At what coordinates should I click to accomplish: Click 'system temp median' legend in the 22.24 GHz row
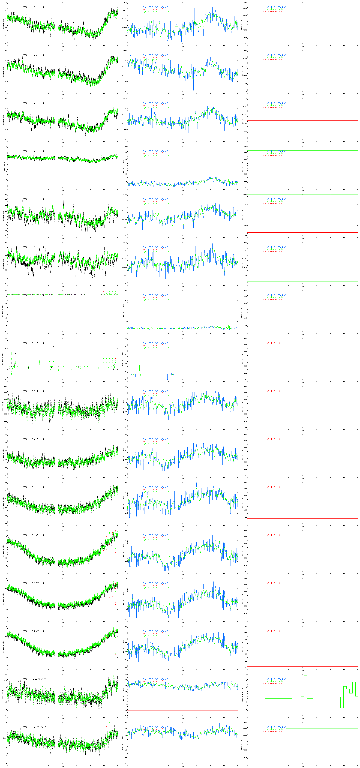[x=155, y=7]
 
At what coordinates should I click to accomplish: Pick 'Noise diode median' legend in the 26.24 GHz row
[x=274, y=199]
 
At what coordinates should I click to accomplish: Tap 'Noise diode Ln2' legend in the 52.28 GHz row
[x=272, y=391]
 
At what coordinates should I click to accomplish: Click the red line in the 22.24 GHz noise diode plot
[x=303, y=6]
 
